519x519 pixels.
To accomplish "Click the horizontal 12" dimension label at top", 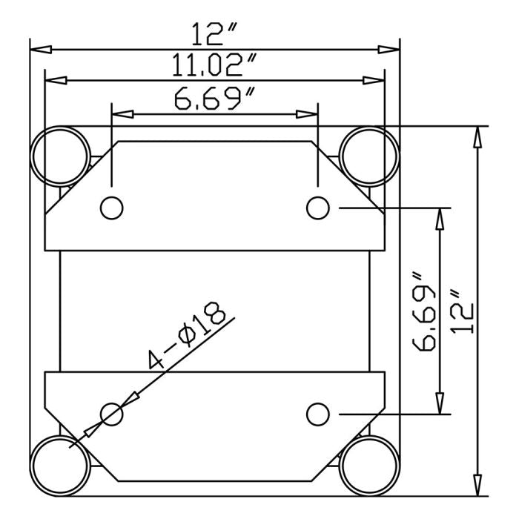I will click(214, 34).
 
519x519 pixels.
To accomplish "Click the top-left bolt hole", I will click(111, 208).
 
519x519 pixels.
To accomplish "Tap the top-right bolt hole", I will click(317, 208).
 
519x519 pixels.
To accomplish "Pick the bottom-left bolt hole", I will click(111, 413).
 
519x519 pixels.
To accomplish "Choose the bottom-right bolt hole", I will click(317, 413).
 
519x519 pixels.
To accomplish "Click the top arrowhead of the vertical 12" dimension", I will click(478, 136).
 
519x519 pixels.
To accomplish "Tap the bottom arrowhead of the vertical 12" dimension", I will click(478, 486).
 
